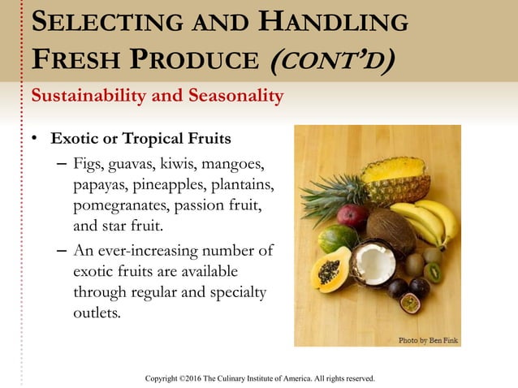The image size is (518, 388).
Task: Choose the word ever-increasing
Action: coord(150,250)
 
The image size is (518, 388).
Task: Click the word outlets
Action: coord(96,312)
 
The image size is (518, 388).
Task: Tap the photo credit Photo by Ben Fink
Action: coord(428,340)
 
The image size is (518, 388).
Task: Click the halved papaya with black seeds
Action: coord(330,270)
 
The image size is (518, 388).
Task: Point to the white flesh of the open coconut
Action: coord(373,265)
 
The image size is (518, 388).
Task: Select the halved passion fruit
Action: coord(410,304)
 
